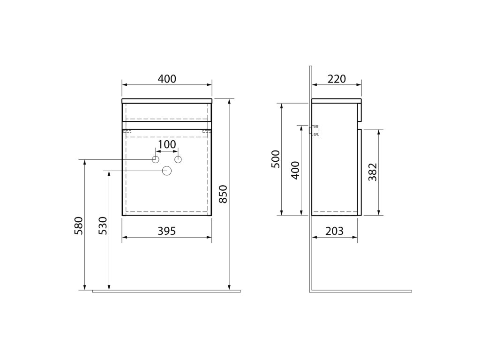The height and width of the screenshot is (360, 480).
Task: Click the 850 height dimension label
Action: click(x=224, y=194)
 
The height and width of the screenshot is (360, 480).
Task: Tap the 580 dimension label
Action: click(x=79, y=225)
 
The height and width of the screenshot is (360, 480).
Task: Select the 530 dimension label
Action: click(x=103, y=225)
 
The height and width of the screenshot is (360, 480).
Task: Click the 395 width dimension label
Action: click(x=167, y=231)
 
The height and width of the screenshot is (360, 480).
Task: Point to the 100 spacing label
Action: click(x=167, y=144)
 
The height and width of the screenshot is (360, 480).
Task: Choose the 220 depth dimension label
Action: click(x=337, y=79)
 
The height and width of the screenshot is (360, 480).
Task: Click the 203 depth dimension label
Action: click(x=334, y=231)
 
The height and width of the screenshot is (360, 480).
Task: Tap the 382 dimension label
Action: click(x=373, y=172)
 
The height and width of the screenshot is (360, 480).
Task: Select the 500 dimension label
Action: click(x=276, y=159)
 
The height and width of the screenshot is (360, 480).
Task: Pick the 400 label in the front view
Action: click(x=167, y=79)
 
